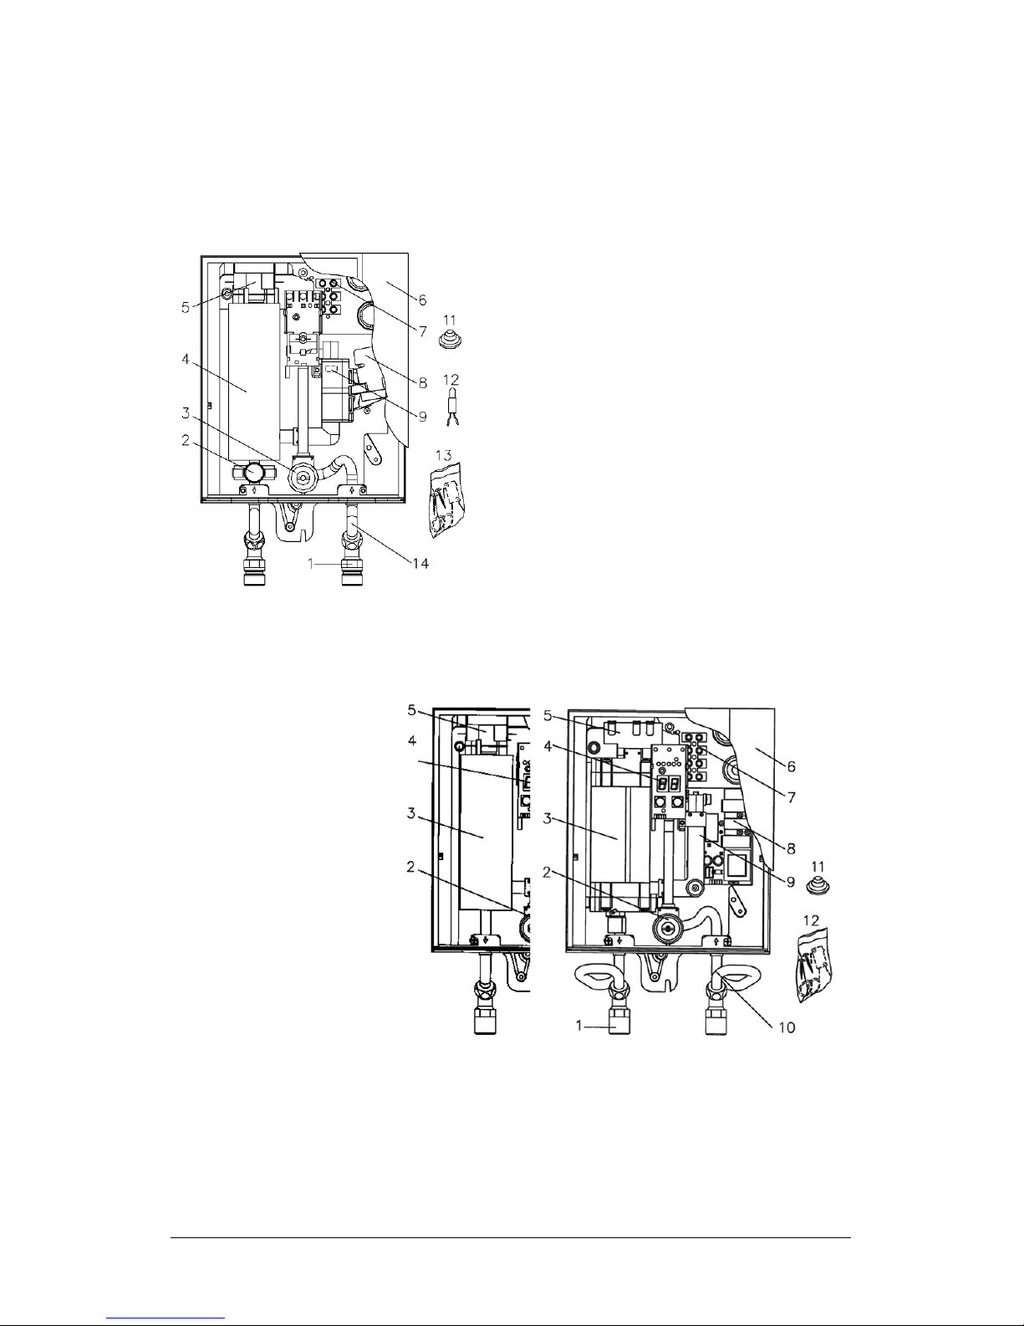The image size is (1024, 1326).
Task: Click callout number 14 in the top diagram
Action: tap(420, 563)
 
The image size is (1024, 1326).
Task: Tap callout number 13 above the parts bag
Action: tap(444, 454)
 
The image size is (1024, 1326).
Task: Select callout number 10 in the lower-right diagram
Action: tap(787, 1027)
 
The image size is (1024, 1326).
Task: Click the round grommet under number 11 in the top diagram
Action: tap(449, 338)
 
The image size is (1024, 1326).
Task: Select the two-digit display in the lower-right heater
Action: tap(667, 784)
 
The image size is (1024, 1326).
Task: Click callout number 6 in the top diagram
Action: tap(422, 300)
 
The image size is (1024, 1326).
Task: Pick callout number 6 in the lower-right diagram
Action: tap(791, 766)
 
